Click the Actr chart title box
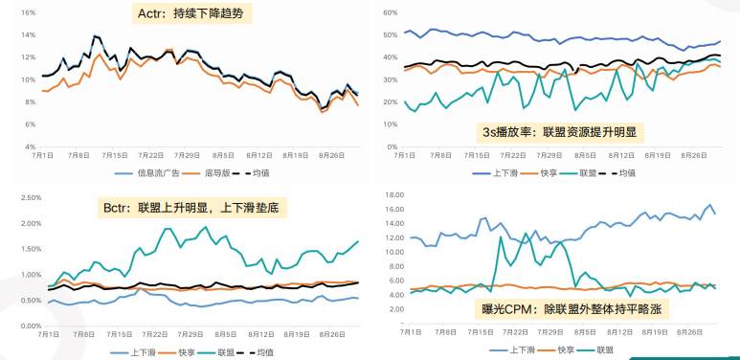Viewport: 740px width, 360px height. click(191, 15)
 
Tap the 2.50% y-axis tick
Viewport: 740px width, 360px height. click(24, 197)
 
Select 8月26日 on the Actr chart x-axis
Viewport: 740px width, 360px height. click(331, 154)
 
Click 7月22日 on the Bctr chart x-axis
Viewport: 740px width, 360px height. click(153, 334)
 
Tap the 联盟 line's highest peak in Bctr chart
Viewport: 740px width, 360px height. click(170, 229)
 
